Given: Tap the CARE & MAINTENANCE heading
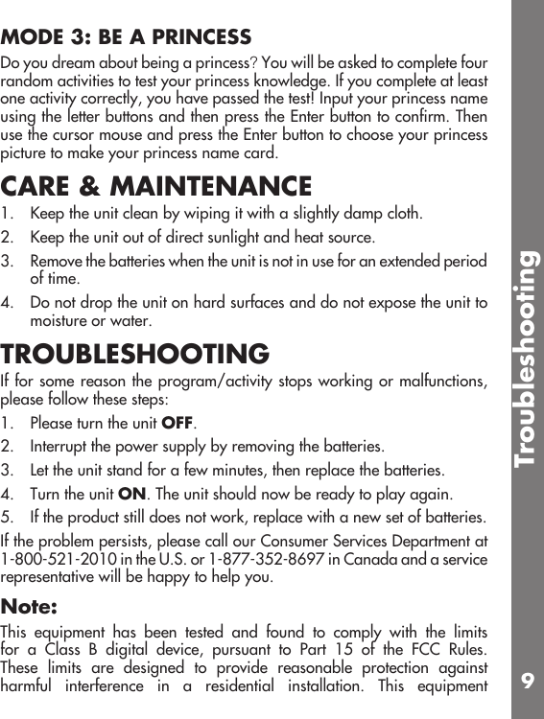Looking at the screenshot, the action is pyautogui.click(x=156, y=185).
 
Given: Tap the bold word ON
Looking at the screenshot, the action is pyautogui.click(x=131, y=495).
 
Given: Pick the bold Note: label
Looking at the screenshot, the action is pyautogui.click(x=29, y=607).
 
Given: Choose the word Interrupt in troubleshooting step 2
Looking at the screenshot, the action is pyautogui.click(x=59, y=447).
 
